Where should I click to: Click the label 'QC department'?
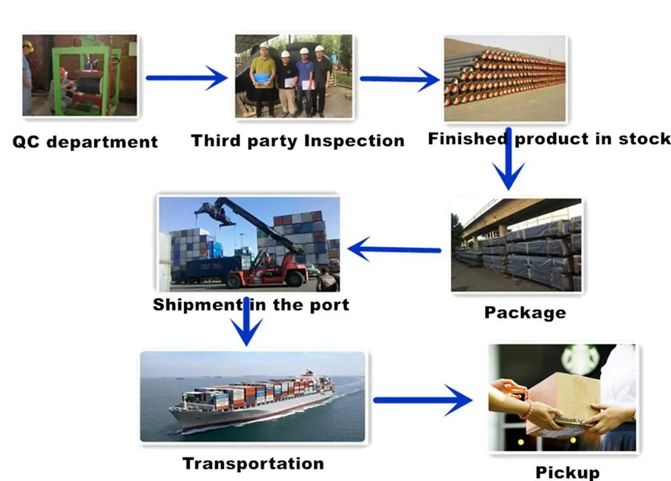[85, 142]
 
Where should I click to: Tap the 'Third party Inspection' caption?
[298, 141]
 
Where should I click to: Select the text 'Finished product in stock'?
[550, 139]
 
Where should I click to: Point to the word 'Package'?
[525, 313]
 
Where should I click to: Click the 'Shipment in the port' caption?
[251, 305]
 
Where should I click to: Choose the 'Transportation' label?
[253, 464]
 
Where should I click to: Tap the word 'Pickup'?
[568, 472]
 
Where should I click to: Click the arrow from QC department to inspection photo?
[187, 78]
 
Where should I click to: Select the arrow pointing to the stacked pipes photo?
[400, 79]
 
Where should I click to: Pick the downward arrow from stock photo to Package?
[509, 159]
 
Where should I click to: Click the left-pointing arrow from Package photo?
[394, 250]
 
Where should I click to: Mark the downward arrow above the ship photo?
[246, 321]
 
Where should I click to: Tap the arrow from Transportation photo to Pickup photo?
[423, 400]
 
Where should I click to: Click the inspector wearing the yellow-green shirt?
[263, 81]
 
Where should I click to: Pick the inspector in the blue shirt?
[305, 82]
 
